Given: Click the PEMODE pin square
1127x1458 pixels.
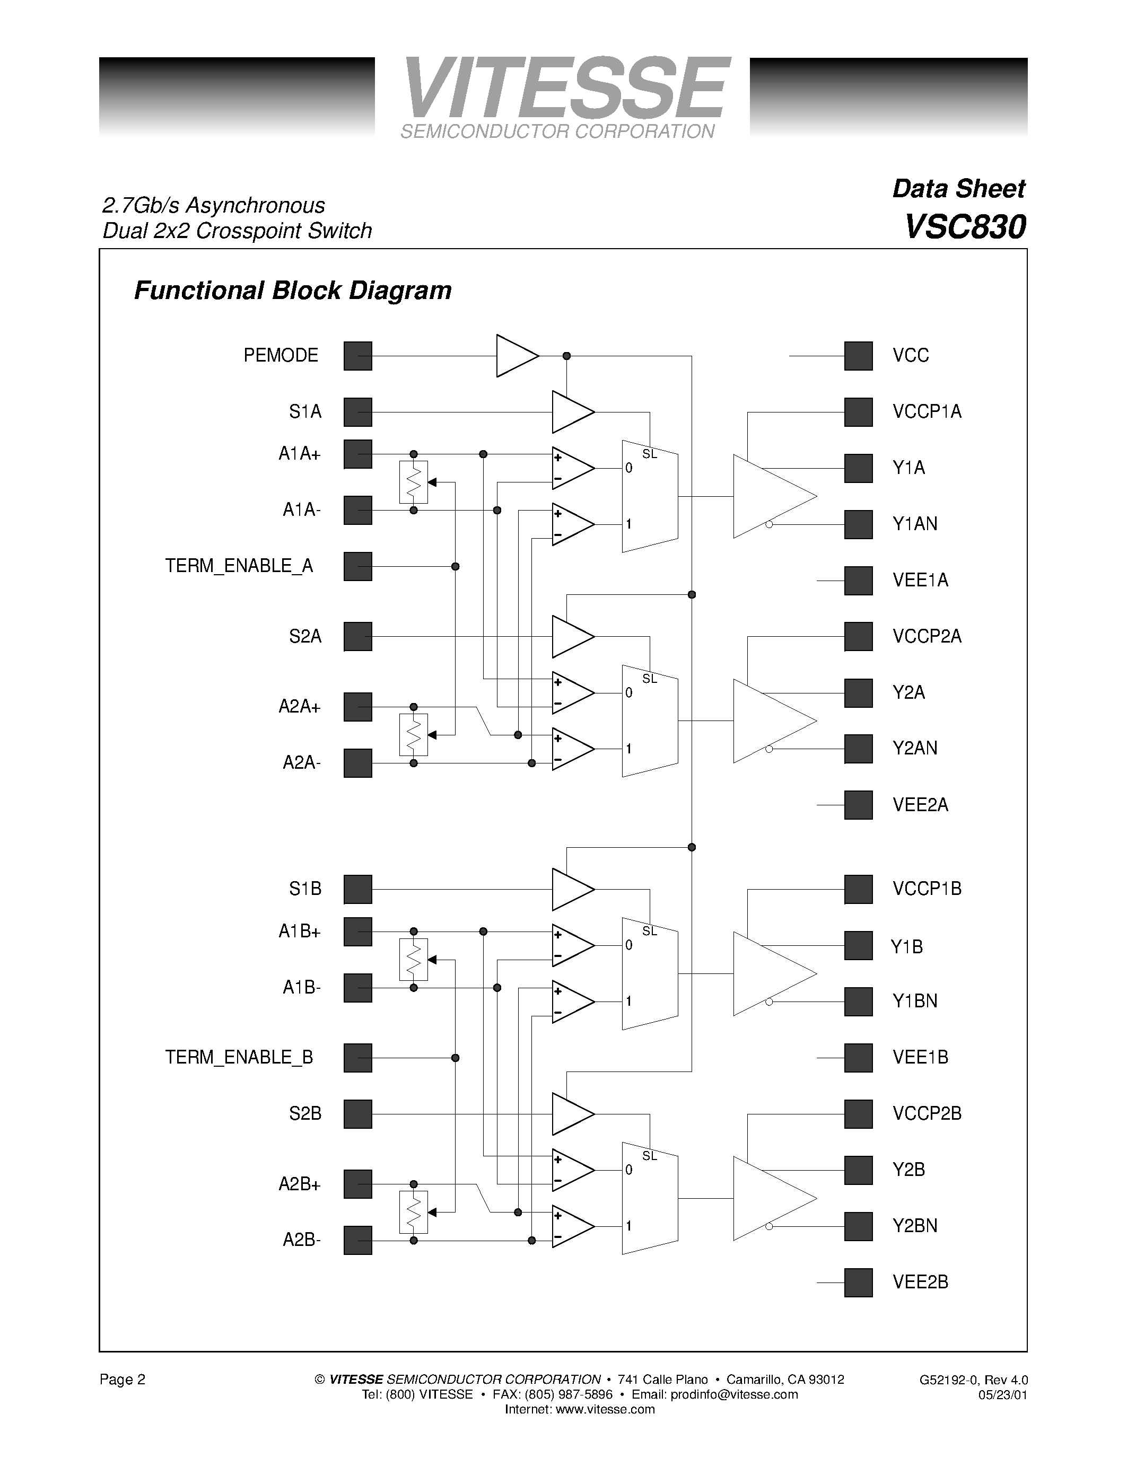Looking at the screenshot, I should click(357, 356).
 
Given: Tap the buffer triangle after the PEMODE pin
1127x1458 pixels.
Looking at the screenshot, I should click(516, 356).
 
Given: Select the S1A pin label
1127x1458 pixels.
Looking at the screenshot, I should click(305, 412).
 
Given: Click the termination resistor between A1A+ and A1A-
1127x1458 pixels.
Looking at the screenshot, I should click(413, 482).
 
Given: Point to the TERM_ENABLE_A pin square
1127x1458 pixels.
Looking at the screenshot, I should click(357, 566).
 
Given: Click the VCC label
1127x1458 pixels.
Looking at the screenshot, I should click(911, 355).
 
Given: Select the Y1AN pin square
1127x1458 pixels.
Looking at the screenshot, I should click(858, 524).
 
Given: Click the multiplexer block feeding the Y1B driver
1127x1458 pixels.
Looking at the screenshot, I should click(649, 973).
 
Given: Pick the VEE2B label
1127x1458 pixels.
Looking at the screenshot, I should click(920, 1282).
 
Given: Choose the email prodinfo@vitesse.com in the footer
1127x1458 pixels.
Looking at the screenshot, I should click(734, 1394).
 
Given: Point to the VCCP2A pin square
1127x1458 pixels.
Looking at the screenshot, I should click(858, 636).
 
